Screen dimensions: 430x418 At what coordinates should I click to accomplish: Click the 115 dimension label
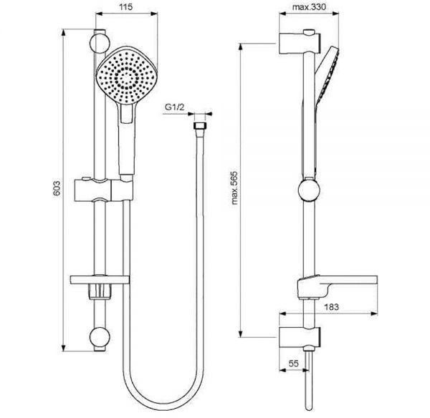coord(126,6)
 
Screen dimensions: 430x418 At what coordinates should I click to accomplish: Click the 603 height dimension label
coord(57,188)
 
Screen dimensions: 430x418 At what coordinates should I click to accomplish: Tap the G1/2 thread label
coord(174,107)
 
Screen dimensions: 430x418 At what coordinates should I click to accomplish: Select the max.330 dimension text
coord(309,6)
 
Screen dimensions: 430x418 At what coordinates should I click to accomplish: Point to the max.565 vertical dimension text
coord(234,188)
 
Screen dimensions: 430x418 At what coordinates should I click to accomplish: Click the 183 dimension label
coord(332,307)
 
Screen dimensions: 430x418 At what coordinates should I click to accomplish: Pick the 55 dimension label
coord(293,364)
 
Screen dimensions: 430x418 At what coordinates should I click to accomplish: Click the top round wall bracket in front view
coord(100,43)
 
